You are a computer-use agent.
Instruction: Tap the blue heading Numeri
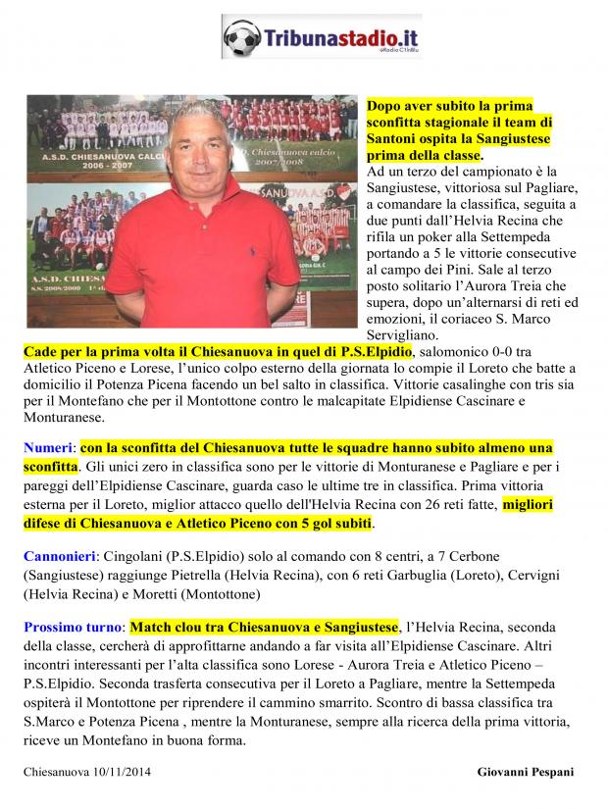[x=49, y=446]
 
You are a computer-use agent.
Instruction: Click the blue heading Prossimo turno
[x=74, y=627]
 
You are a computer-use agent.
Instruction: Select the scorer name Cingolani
[x=140, y=555]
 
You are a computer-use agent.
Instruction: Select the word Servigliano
[x=408, y=334]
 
